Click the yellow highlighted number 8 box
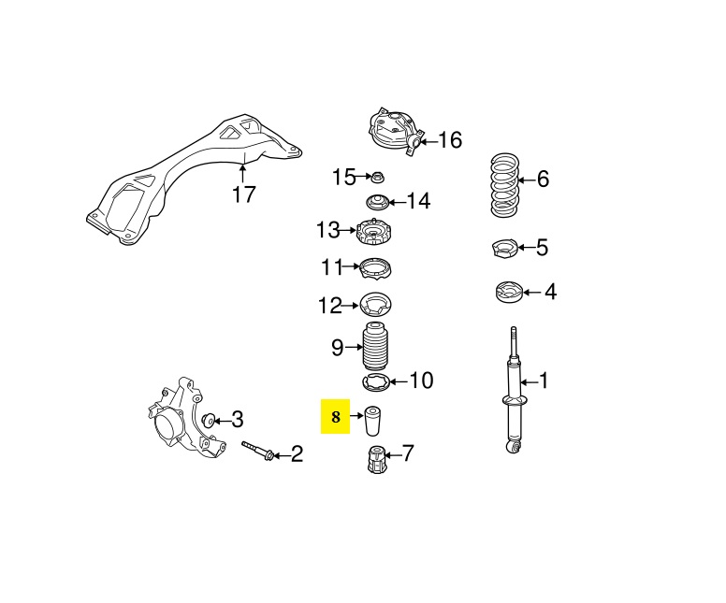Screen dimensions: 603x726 point(335,417)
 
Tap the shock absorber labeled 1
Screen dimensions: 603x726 point(512,393)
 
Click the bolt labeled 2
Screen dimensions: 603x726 point(256,452)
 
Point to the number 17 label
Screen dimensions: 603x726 point(244,194)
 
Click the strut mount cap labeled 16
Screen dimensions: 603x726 point(394,130)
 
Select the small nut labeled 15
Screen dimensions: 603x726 point(379,177)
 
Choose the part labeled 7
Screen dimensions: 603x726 point(376,459)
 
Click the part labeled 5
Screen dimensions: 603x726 point(505,249)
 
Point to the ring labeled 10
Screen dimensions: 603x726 point(375,381)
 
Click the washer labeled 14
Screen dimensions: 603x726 point(378,201)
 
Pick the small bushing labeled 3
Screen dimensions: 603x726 point(211,418)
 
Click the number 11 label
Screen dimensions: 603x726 point(332,268)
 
